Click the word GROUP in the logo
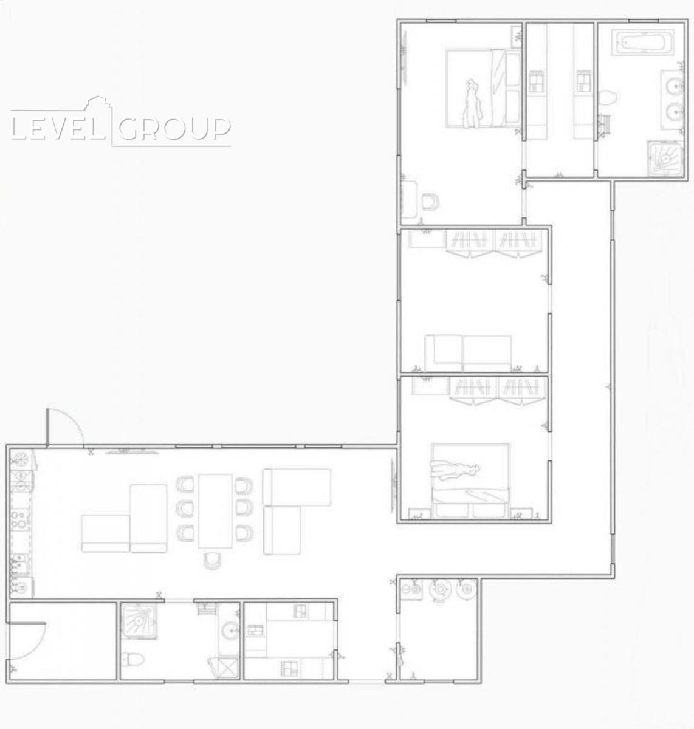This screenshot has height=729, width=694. click(174, 129)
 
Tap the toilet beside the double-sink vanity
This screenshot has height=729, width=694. click(608, 98)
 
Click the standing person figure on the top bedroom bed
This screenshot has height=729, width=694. click(472, 104)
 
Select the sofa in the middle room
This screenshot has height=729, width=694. click(468, 354)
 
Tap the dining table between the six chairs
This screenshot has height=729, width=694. click(216, 511)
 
